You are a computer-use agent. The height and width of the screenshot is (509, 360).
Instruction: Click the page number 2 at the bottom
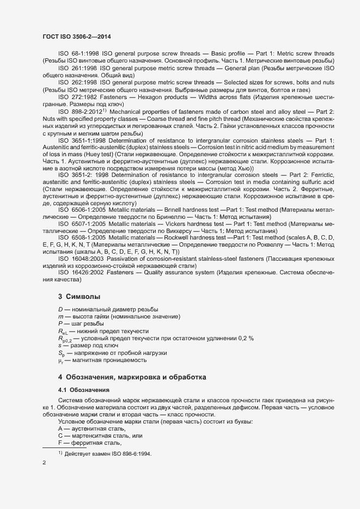pos(45,463)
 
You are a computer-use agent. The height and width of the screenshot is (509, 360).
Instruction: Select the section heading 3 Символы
pos(79,297)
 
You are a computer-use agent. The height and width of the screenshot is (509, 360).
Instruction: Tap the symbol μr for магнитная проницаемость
pos(61,360)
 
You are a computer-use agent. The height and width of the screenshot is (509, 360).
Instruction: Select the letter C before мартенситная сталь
pos(60,436)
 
